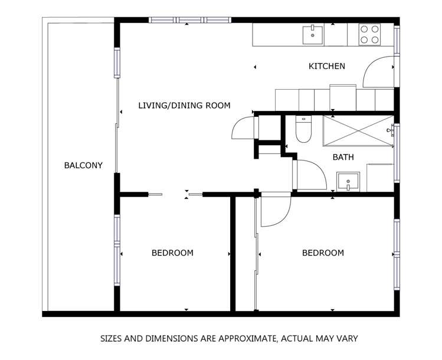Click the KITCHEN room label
[327, 66]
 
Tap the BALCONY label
[83, 165]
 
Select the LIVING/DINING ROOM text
[184, 106]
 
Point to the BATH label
[343, 157]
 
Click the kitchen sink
[313, 35]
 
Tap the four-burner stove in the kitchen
[369, 34]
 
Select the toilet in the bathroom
[303, 129]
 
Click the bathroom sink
[348, 182]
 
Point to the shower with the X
[358, 130]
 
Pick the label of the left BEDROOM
[172, 253]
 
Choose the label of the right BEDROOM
[323, 253]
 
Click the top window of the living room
[190, 20]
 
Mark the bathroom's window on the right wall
[397, 153]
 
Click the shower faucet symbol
[391, 130]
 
